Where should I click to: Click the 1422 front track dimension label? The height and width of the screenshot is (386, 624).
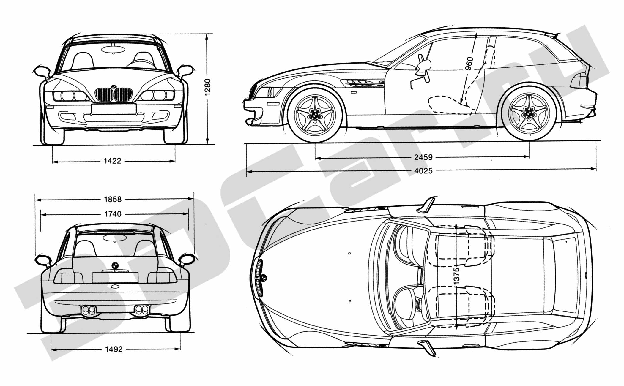pos(113,161)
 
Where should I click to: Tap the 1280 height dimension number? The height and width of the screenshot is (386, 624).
pos(208,87)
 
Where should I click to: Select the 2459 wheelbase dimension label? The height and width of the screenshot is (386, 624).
pos(423,157)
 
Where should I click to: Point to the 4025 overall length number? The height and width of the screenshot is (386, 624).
pos(423,171)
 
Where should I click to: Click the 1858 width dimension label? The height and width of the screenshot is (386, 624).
pos(113,199)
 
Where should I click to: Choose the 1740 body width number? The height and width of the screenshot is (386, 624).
pos(113,214)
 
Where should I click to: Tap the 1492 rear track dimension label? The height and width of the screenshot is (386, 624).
pos(114,349)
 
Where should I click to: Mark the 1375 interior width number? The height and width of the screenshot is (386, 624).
pos(457,275)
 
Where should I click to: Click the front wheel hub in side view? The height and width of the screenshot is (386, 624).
pos(315,115)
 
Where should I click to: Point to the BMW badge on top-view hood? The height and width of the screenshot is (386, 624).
pos(263,278)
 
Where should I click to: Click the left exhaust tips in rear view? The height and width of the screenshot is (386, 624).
pos(89,310)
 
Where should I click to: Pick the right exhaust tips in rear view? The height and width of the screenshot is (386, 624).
pos(142,310)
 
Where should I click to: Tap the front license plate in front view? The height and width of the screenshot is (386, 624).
pos(114,109)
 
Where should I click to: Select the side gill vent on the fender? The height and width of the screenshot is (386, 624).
pos(364,83)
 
